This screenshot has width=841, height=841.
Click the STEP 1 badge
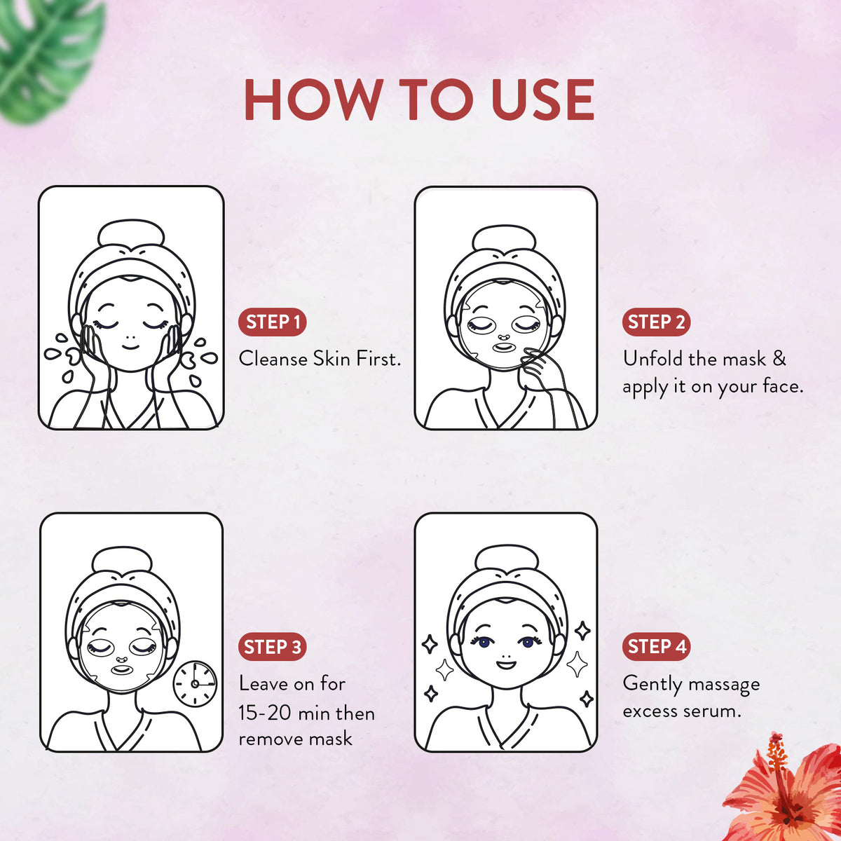[273, 322]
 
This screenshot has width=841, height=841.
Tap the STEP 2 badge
[656, 322]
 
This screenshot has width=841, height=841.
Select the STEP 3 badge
[273, 647]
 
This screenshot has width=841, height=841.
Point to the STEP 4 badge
[656, 646]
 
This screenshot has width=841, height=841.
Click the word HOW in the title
[313, 100]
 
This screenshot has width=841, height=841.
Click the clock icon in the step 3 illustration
[195, 683]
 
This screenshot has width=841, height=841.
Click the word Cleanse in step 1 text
[273, 359]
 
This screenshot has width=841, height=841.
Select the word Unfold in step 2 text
[652, 359]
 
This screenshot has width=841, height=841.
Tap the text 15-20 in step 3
[264, 713]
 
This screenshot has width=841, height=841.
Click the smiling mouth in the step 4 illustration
[505, 662]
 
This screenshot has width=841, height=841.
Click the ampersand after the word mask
[779, 359]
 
